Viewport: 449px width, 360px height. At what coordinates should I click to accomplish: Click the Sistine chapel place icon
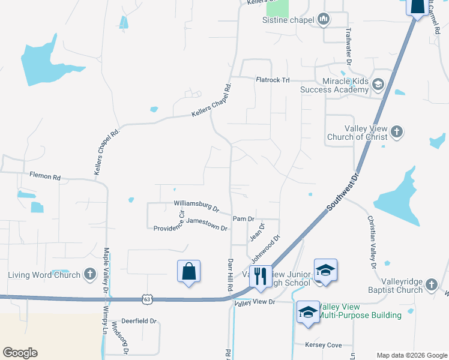(x=324, y=20)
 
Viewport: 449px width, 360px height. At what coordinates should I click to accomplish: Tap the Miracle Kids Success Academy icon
(x=378, y=84)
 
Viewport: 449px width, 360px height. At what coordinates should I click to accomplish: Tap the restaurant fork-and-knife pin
(x=260, y=276)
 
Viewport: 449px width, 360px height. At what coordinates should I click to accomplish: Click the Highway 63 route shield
(x=148, y=298)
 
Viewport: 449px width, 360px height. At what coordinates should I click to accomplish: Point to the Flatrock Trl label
(x=273, y=79)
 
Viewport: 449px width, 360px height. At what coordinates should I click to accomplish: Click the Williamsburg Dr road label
(x=196, y=206)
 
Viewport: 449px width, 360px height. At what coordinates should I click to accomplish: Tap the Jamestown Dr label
(x=207, y=224)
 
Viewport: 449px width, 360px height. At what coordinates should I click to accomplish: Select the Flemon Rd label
(x=46, y=177)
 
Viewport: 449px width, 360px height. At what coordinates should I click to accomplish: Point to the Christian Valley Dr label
(x=370, y=241)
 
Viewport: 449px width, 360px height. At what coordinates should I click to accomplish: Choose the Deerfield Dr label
(x=139, y=321)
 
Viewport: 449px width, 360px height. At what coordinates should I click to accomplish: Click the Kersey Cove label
(x=323, y=345)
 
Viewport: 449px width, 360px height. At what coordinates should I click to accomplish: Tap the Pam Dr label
(x=244, y=219)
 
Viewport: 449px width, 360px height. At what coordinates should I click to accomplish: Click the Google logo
(x=20, y=353)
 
